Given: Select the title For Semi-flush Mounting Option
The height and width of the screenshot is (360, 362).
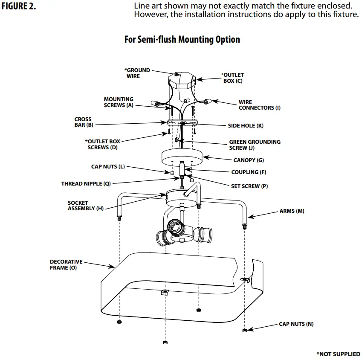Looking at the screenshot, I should point(182,40).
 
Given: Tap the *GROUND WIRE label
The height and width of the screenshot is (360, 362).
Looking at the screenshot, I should point(137,73).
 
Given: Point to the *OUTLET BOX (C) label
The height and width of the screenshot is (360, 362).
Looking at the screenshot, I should point(232,78).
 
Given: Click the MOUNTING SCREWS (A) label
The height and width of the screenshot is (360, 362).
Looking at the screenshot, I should point(119,102).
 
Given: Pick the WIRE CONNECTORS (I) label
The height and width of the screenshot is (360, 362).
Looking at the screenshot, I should point(259,105).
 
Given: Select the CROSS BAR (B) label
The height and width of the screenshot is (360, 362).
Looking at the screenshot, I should point(84,122).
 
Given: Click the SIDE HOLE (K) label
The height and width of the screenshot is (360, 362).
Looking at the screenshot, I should point(245,125).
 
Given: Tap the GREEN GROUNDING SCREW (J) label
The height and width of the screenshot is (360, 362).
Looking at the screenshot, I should point(255,145).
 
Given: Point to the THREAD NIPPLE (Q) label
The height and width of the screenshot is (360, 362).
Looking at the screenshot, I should point(86,183).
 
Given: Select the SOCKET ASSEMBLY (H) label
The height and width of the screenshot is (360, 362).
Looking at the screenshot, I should point(85,206).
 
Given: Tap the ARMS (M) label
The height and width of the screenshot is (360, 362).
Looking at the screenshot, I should point(292,211).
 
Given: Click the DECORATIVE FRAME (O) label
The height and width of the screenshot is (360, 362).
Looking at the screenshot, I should point(66,265).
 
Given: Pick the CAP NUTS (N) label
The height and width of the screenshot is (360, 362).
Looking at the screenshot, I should point(296,324).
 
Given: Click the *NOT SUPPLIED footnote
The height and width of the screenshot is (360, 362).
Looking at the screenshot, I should point(338,354).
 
